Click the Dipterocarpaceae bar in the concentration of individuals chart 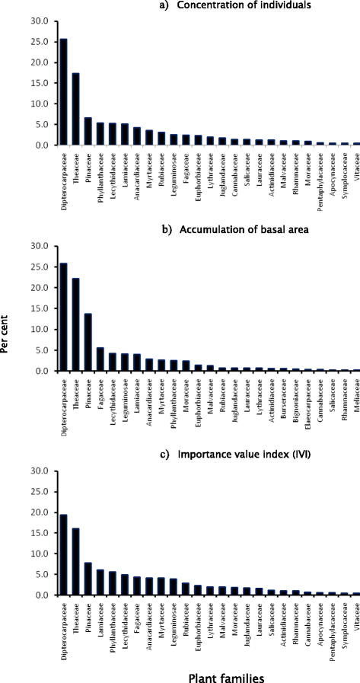(64, 92)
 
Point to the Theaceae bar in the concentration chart (76, 109)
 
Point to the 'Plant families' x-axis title (225, 677)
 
